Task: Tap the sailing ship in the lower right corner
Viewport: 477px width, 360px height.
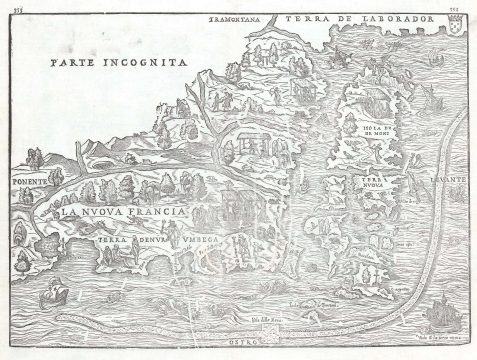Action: tap(437, 315)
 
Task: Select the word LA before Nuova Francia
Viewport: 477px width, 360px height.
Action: tap(68, 212)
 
